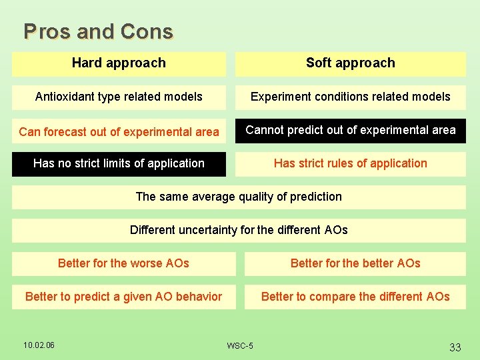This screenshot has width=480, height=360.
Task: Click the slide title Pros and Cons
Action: pyautogui.click(x=98, y=31)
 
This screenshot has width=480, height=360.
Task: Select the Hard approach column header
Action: pyautogui.click(x=119, y=63)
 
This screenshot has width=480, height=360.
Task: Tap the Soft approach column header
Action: pyautogui.click(x=350, y=63)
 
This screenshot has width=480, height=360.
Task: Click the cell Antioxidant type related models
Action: pyautogui.click(x=119, y=97)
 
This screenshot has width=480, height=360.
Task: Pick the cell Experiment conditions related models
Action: pyautogui.click(x=350, y=97)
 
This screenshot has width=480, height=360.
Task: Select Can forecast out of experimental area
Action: pyautogui.click(x=119, y=132)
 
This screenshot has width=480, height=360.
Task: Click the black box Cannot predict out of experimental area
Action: pyautogui.click(x=350, y=130)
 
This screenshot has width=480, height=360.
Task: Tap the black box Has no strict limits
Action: pyautogui.click(x=119, y=163)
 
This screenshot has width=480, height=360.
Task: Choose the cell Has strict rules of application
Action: pyautogui.click(x=350, y=163)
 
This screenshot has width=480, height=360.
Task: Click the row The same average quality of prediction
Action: pyautogui.click(x=239, y=197)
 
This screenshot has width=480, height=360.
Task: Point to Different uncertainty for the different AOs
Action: pyautogui.click(x=239, y=230)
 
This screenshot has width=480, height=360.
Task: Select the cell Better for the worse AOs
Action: pyautogui.click(x=123, y=263)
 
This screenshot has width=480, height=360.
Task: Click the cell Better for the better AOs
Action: pyautogui.click(x=355, y=263)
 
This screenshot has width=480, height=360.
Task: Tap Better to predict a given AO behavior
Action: pyautogui.click(x=123, y=297)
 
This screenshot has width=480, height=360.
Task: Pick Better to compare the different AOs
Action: pyautogui.click(x=355, y=297)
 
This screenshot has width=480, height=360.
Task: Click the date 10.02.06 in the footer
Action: pyautogui.click(x=39, y=345)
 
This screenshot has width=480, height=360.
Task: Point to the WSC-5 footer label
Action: pyautogui.click(x=239, y=346)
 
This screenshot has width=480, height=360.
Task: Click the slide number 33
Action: pyautogui.click(x=455, y=347)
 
